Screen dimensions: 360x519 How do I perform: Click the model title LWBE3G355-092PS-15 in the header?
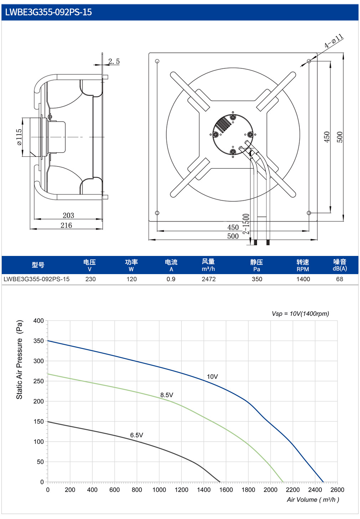(x=48, y=12)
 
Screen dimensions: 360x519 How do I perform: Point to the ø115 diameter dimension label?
(x=19, y=137)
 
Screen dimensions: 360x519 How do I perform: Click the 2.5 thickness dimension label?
(x=114, y=61)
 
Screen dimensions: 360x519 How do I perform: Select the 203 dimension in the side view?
(x=68, y=215)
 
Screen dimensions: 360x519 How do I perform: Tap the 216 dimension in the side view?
(x=66, y=225)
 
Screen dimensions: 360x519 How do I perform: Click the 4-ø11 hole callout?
(x=334, y=41)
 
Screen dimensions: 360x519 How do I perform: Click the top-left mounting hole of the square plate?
(x=157, y=61)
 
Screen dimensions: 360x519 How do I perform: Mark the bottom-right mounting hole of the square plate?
(x=309, y=213)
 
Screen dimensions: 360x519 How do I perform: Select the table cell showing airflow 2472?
(x=209, y=279)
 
